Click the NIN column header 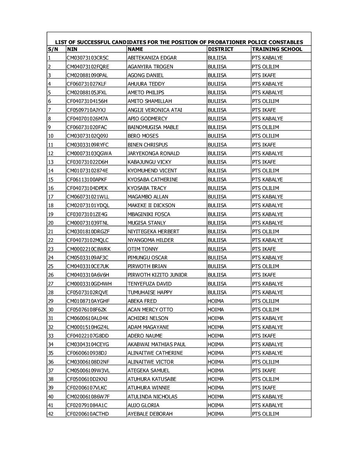click(72, 49)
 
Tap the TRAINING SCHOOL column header click(277, 49)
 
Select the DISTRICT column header click(220, 49)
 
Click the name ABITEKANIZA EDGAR click(152, 58)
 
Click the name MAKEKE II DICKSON click(151, 206)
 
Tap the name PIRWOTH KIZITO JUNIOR click(157, 275)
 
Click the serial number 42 click(51, 414)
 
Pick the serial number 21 click(51, 232)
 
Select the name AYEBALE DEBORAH click(150, 414)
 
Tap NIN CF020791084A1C click(87, 405)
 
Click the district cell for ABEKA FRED click(216, 301)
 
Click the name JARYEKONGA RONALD click(154, 154)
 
